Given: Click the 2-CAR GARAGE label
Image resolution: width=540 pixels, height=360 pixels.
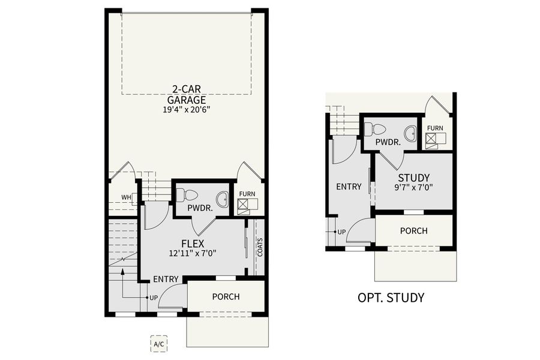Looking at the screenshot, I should pos(187,95).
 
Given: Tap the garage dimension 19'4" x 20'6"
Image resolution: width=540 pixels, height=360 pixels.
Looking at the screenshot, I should pos(187,110).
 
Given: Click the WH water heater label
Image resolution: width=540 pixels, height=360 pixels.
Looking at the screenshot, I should pos(126,197).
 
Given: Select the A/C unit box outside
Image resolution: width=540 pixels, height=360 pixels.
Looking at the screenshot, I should pos(159,344).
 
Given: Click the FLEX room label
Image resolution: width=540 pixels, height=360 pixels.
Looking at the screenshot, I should pos(192,243).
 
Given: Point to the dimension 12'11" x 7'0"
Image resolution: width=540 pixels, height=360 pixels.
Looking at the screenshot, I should pos(192,253).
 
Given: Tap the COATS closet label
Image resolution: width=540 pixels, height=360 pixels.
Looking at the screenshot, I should pos(260,247).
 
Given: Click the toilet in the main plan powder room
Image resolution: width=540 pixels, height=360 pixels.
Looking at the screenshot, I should pos(188,195).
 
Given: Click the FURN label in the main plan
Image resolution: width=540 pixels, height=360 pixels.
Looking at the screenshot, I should pos(247,194).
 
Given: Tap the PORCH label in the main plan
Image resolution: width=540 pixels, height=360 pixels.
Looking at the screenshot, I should pos(226,296).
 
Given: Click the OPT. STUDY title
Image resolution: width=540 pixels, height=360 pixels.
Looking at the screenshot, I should pos(391,298).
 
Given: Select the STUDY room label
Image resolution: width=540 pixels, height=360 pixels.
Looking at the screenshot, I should pos(413,178).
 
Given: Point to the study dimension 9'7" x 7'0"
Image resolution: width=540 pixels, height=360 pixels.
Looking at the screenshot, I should pos(413,187).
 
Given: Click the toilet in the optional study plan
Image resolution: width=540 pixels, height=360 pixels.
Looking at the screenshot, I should pos(376,129).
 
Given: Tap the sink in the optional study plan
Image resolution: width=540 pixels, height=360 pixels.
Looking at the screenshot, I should pos(410,134).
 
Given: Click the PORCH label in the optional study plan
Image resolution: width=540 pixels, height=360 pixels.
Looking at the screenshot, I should pos(413,230).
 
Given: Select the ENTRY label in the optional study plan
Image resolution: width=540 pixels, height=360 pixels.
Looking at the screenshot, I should pos(349,187).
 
